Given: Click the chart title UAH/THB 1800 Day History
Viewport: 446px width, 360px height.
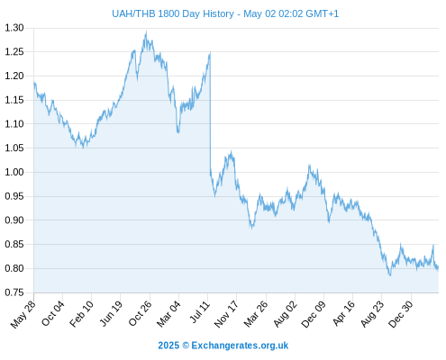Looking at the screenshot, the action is (x=173, y=13).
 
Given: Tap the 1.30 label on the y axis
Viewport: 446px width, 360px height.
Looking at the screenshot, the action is (x=14, y=28).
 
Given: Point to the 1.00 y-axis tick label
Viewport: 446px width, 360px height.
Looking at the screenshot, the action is (x=14, y=172).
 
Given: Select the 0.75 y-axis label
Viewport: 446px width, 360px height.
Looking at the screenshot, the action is (x=14, y=292).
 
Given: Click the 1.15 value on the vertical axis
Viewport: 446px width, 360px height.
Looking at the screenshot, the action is (x=14, y=100).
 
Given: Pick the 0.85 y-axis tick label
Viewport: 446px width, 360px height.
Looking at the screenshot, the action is (x=14, y=245).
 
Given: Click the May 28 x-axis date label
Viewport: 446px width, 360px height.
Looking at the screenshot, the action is (x=23, y=314).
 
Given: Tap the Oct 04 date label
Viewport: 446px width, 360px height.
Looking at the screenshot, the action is (x=53, y=313).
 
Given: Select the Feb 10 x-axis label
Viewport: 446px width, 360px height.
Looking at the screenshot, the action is (x=81, y=314).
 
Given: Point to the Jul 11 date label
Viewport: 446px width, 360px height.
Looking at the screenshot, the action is (x=200, y=312).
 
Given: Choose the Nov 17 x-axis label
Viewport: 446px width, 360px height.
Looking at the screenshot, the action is (x=226, y=314).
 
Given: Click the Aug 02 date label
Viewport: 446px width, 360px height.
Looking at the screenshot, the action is (x=286, y=314).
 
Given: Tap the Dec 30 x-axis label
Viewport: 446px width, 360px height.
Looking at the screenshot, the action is (x=401, y=314).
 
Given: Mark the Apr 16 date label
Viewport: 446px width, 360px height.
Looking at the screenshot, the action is (x=344, y=313).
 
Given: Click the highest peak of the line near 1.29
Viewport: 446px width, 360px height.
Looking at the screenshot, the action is (x=146, y=31).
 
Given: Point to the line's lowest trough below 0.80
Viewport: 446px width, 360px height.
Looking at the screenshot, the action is (x=390, y=275).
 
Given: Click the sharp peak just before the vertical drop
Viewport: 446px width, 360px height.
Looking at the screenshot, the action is (x=210, y=52).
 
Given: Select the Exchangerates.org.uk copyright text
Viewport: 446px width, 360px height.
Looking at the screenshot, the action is (x=223, y=346).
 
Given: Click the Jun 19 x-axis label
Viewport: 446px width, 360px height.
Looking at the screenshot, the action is (x=111, y=314).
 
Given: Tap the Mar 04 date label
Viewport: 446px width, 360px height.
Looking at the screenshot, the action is (x=168, y=314).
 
